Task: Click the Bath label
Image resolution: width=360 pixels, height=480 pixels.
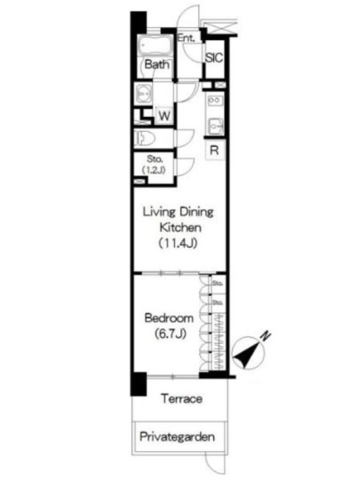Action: point(157,64)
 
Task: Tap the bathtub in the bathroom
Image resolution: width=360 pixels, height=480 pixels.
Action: point(155,46)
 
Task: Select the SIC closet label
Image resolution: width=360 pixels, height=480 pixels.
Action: point(214,58)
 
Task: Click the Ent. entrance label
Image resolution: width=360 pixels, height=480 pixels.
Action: point(186,38)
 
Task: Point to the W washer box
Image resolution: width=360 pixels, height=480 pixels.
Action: point(164,116)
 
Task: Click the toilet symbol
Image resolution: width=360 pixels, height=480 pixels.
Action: point(145,139)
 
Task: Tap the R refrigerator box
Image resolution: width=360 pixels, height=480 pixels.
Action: point(215,150)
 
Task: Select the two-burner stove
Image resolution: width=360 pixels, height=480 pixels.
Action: point(215,100)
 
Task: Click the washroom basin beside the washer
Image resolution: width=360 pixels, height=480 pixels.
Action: point(145,92)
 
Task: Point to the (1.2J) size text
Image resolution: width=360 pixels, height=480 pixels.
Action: point(154,170)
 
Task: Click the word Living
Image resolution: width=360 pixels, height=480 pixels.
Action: point(159,212)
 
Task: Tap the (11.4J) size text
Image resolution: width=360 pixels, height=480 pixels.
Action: point(178,244)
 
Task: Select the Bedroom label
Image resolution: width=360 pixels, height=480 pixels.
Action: point(169,318)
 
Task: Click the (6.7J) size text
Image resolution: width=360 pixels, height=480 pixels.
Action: point(170,334)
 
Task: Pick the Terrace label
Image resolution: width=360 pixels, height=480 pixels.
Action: point(182,398)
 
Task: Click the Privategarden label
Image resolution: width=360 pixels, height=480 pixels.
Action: point(177,437)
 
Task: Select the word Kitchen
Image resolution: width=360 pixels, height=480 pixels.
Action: point(181,227)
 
